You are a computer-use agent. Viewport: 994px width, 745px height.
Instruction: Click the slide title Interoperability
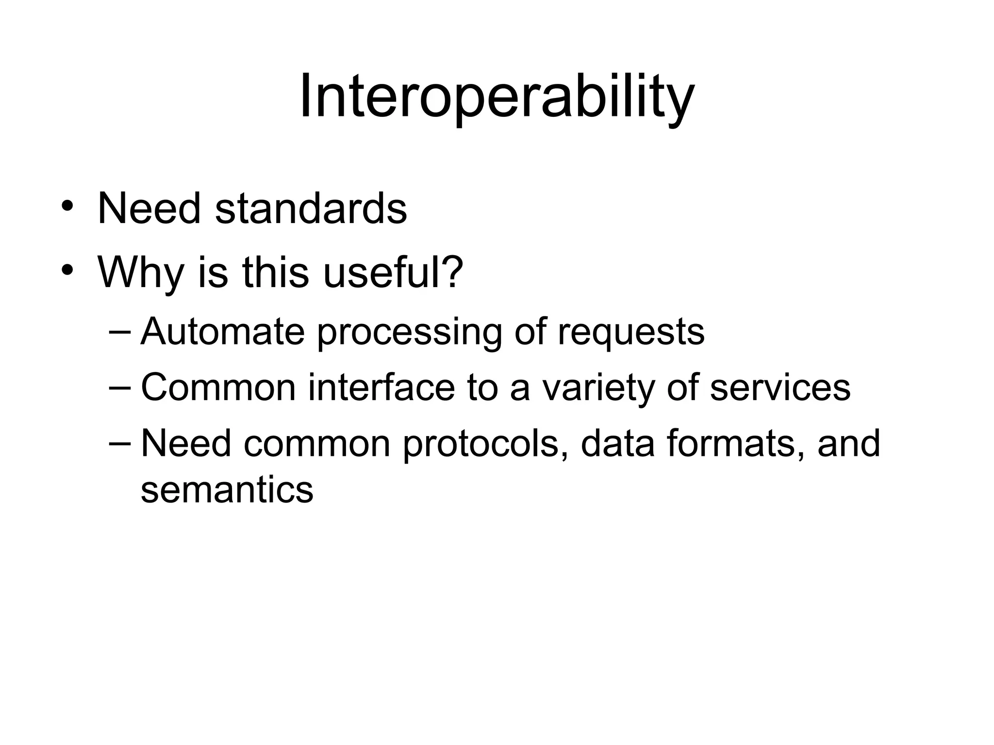point(497,97)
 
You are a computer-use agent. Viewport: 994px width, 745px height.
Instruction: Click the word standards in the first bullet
point(311,209)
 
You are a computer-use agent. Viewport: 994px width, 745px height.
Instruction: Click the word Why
point(141,273)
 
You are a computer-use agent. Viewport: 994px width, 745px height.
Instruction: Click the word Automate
point(222,332)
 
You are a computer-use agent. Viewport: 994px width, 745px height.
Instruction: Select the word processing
point(409,333)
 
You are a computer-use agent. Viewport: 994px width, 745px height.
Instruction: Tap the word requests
point(630,333)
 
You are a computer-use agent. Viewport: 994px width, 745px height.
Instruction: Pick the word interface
point(381,388)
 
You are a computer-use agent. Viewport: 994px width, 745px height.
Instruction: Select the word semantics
point(227,490)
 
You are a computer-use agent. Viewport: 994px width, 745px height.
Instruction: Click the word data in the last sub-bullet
point(618,443)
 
